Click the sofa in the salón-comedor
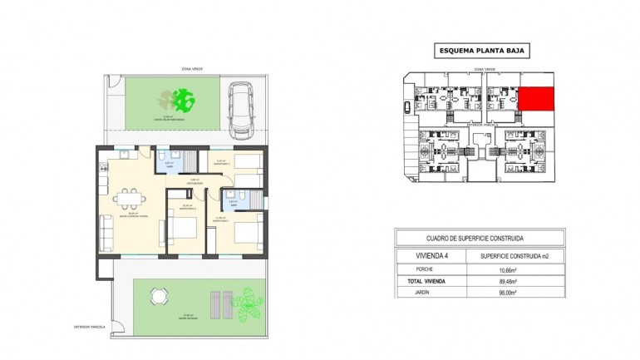click(106, 229)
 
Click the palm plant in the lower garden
click(247, 301)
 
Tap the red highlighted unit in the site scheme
click(536, 101)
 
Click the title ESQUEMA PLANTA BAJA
click(483, 51)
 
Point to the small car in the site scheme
click(406, 106)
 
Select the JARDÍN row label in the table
click(425, 293)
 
